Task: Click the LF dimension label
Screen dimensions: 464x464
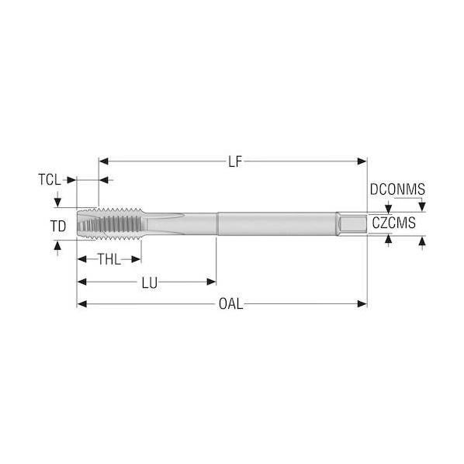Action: tap(235, 162)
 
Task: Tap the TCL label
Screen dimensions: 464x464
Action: tap(50, 179)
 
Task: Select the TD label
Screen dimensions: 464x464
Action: tap(58, 227)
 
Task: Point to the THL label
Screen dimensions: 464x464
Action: tap(109, 259)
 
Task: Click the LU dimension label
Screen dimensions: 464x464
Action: tap(150, 283)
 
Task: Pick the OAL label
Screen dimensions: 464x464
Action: tap(230, 304)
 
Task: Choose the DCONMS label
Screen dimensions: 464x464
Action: tap(397, 189)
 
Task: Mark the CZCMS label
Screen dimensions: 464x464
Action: tap(393, 223)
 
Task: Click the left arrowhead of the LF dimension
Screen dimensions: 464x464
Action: tap(103, 161)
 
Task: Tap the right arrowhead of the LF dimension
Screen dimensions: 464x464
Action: tap(362, 161)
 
